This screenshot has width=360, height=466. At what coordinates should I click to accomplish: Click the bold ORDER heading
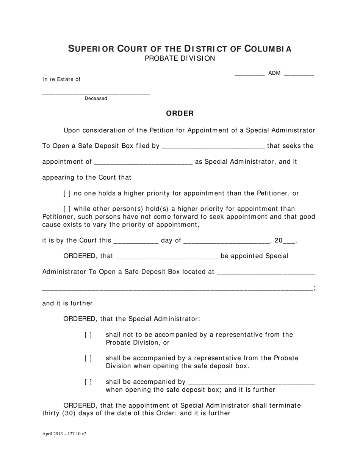tap(180, 113)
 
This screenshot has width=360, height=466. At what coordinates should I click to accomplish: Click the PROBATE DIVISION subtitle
tap(180, 58)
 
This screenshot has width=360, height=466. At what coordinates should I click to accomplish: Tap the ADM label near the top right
tap(274, 73)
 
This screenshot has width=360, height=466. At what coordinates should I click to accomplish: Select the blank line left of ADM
tap(249, 74)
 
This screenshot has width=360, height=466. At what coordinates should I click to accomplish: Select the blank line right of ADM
tap(299, 74)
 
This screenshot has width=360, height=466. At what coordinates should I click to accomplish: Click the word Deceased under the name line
tap(96, 99)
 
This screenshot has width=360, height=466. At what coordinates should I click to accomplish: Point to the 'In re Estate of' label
tap(61, 79)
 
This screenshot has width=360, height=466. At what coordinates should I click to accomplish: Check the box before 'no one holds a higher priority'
tap(67, 194)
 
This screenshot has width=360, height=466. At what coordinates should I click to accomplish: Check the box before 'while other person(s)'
tap(67, 209)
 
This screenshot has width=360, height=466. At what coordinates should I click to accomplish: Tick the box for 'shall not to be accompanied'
tap(88, 335)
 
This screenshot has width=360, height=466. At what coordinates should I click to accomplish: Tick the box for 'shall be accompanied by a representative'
tap(88, 358)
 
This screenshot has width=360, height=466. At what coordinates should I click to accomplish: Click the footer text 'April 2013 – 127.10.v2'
tap(64, 434)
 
